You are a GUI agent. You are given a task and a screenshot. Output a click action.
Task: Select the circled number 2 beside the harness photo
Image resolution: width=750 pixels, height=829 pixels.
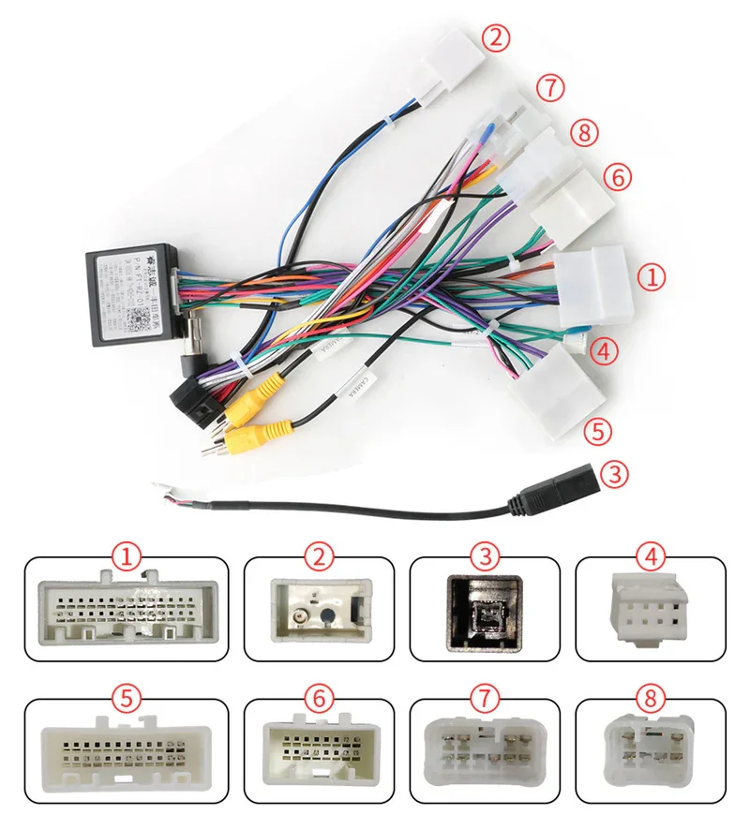497,38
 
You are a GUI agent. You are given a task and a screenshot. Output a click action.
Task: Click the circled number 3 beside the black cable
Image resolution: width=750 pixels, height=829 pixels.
613,473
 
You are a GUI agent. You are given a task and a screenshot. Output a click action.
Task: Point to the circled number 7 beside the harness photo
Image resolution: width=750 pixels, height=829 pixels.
551,89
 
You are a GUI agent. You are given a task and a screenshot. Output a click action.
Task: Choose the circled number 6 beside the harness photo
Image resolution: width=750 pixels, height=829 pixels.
618,175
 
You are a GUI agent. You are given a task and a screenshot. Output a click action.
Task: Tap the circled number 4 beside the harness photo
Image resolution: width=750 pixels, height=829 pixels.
606,351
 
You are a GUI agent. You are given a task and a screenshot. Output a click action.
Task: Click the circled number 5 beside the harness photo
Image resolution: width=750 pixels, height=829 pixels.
597,431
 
